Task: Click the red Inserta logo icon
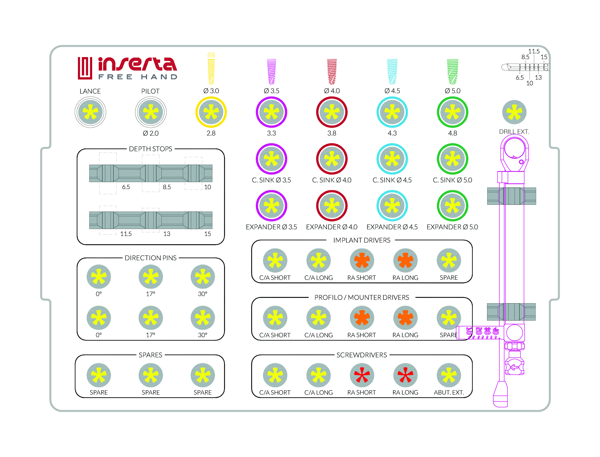coord(85,68)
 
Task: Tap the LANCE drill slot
coord(90,112)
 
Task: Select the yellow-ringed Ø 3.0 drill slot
coord(211,112)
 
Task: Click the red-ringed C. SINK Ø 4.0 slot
coord(332,159)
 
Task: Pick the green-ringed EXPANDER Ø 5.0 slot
coord(452,206)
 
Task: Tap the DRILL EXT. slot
coord(514,112)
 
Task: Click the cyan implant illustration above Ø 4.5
coord(392,72)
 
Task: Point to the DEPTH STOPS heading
coord(150,149)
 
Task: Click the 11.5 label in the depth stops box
coord(126,234)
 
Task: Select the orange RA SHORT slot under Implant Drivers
coord(362,260)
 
